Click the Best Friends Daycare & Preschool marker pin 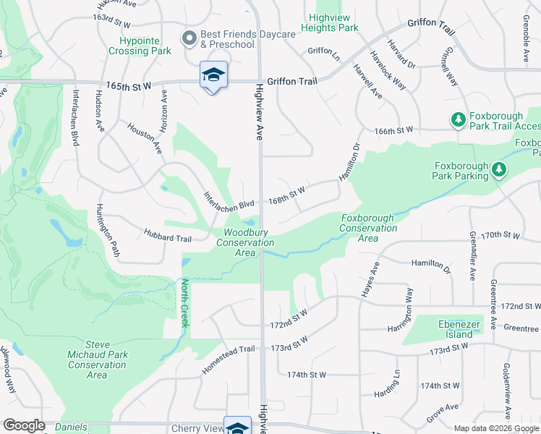[189, 38]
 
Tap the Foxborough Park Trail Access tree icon [458, 119]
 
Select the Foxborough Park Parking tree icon [498, 170]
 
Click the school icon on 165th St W [213, 75]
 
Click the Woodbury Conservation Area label [245, 242]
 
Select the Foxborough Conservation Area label [368, 228]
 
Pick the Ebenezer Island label [459, 329]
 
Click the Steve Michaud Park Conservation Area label [96, 359]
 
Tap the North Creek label [185, 303]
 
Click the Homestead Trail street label [229, 359]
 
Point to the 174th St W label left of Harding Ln [307, 375]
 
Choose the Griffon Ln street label [323, 51]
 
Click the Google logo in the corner [25, 425]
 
